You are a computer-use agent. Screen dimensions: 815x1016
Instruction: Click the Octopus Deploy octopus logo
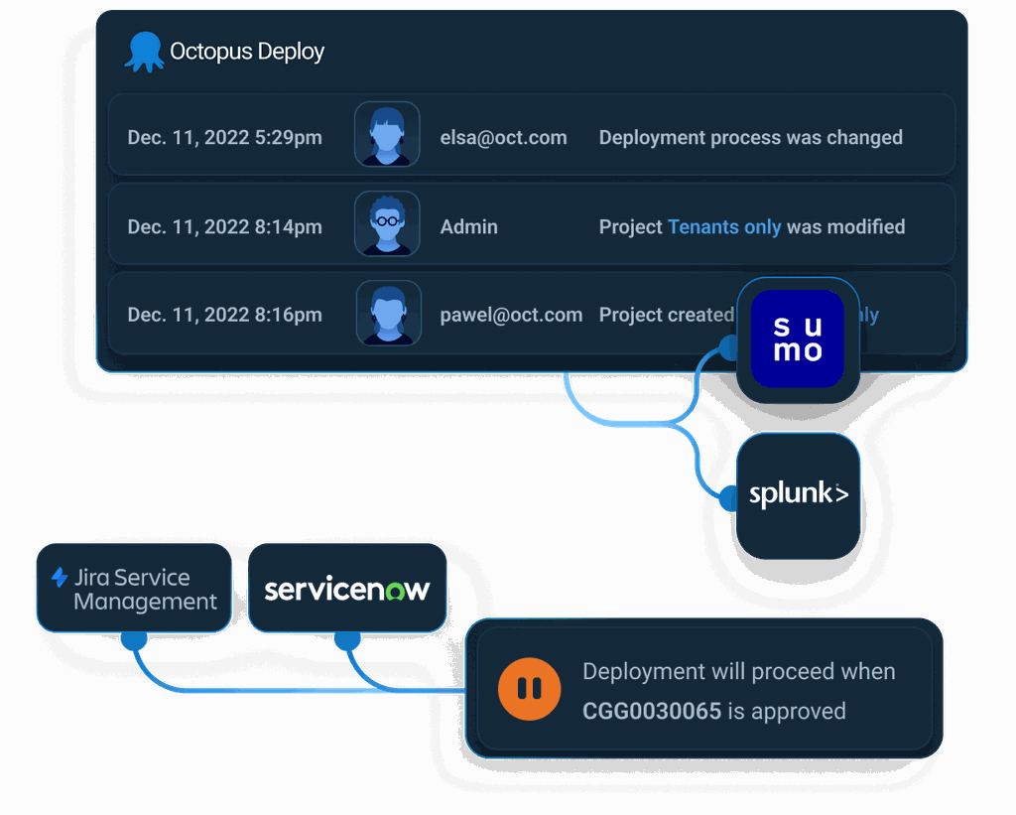pyautogui.click(x=144, y=52)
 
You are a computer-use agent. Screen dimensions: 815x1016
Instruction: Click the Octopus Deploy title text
pyautogui.click(x=247, y=52)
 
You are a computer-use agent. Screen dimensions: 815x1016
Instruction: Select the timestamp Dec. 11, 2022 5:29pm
pyautogui.click(x=224, y=138)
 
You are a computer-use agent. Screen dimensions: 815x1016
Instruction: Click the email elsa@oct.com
pyautogui.click(x=503, y=138)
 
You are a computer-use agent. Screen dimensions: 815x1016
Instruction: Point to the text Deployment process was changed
pyautogui.click(x=750, y=138)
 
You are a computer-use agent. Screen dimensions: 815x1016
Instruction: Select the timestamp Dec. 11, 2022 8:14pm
pyautogui.click(x=224, y=227)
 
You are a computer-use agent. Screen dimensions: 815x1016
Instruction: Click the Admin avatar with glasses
pyautogui.click(x=387, y=223)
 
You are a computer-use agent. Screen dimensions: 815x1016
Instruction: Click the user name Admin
pyautogui.click(x=468, y=227)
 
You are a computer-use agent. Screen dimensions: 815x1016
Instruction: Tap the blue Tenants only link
pyautogui.click(x=724, y=227)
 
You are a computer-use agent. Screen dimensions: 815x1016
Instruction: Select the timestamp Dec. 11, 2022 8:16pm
pyautogui.click(x=224, y=316)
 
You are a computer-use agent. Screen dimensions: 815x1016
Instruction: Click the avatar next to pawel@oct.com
pyautogui.click(x=387, y=313)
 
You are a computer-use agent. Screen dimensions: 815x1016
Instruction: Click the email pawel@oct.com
pyautogui.click(x=511, y=316)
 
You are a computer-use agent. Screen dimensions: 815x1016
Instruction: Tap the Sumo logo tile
pyautogui.click(x=798, y=339)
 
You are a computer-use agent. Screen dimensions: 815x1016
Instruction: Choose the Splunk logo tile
pyautogui.click(x=798, y=494)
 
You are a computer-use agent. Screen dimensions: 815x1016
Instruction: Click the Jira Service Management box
pyautogui.click(x=134, y=589)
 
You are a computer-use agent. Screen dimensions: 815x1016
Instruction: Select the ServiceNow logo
pyautogui.click(x=346, y=589)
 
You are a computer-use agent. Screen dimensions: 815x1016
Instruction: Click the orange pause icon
pyautogui.click(x=529, y=688)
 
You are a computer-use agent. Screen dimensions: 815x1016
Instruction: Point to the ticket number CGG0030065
pyautogui.click(x=652, y=712)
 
